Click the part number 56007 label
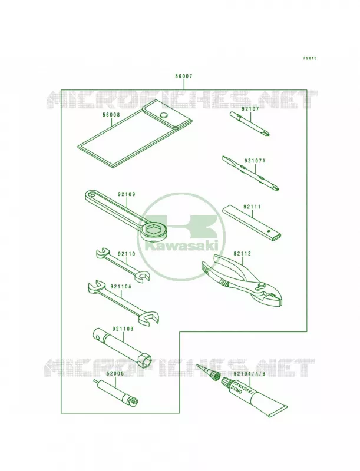(184, 77)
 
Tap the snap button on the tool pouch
(164, 115)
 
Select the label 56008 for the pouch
(111, 114)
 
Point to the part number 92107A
(255, 161)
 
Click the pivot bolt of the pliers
(262, 285)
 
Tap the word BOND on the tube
(236, 392)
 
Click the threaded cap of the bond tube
(226, 382)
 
